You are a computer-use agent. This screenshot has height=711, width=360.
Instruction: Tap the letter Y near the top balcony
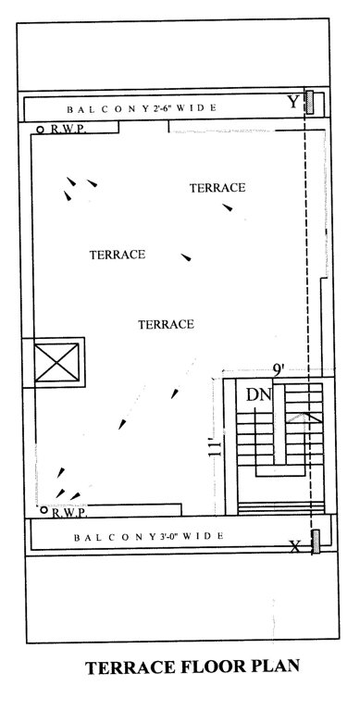tap(293, 102)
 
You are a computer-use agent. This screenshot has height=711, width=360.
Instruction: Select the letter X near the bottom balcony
tap(295, 546)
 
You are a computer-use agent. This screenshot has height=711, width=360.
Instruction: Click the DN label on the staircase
tap(258, 396)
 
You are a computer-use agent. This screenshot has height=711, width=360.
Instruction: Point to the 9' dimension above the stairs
tap(278, 369)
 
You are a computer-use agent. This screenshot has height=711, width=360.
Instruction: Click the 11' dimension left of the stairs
tap(214, 449)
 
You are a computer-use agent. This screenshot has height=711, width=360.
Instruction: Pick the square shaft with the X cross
tap(57, 363)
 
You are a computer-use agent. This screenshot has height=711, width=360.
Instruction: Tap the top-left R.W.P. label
tap(68, 130)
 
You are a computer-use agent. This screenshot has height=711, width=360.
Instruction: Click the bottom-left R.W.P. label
tap(68, 511)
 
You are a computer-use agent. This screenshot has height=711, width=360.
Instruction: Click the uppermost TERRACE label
tap(217, 188)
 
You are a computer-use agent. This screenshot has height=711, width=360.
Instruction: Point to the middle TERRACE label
tap(118, 254)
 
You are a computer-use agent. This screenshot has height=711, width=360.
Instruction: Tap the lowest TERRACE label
tap(165, 324)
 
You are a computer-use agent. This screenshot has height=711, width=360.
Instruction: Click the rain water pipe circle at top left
tap(41, 129)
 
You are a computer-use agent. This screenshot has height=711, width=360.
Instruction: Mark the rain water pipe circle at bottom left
tap(43, 509)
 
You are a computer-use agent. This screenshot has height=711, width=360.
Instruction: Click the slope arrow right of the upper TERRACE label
tap(227, 207)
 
